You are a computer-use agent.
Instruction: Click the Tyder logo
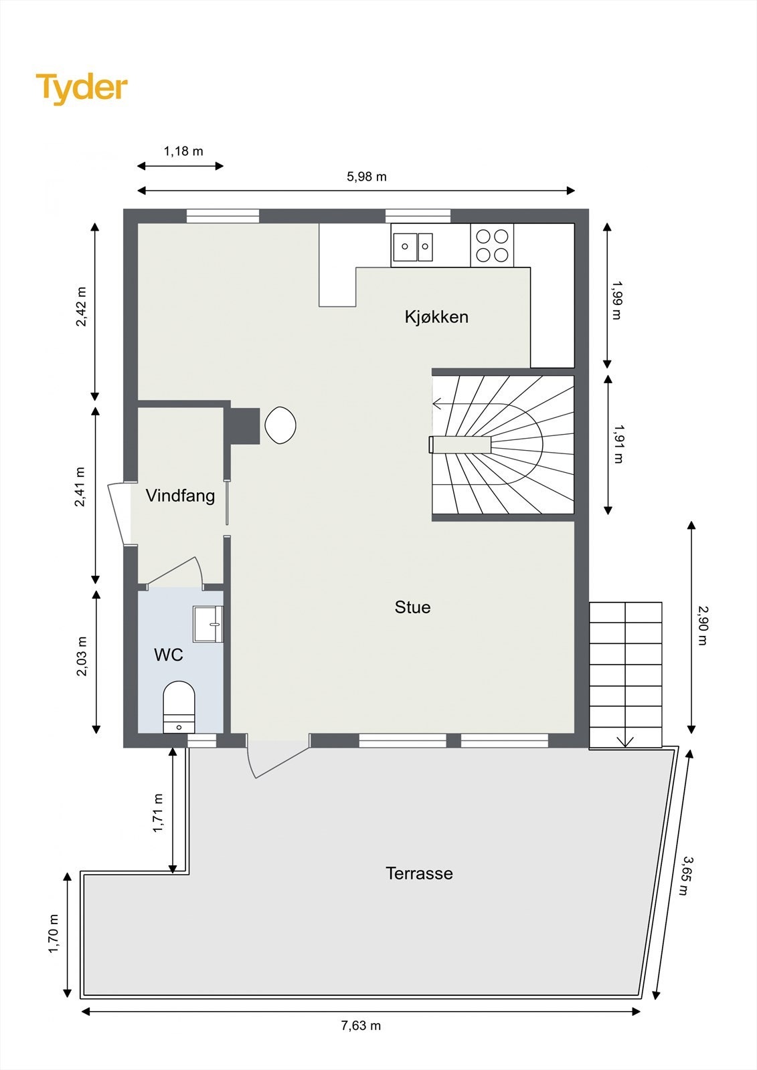pos(82,88)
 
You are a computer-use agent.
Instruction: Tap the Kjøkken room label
pos(436,317)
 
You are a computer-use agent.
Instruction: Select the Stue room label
pos(412,607)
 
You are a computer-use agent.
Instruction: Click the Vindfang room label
pos(180,496)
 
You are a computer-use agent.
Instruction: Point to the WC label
pos(169,655)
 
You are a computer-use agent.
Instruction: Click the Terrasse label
pos(419,873)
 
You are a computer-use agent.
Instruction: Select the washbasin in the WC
pos(207,623)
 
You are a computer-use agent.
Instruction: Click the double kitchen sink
pos(413,247)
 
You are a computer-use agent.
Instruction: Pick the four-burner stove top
pos(492,245)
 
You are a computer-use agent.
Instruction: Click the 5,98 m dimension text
pos(366,177)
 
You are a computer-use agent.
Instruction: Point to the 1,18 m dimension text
pos(183,151)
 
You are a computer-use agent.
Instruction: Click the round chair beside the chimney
pos(280,424)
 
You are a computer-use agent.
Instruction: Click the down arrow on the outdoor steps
pos(625,741)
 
